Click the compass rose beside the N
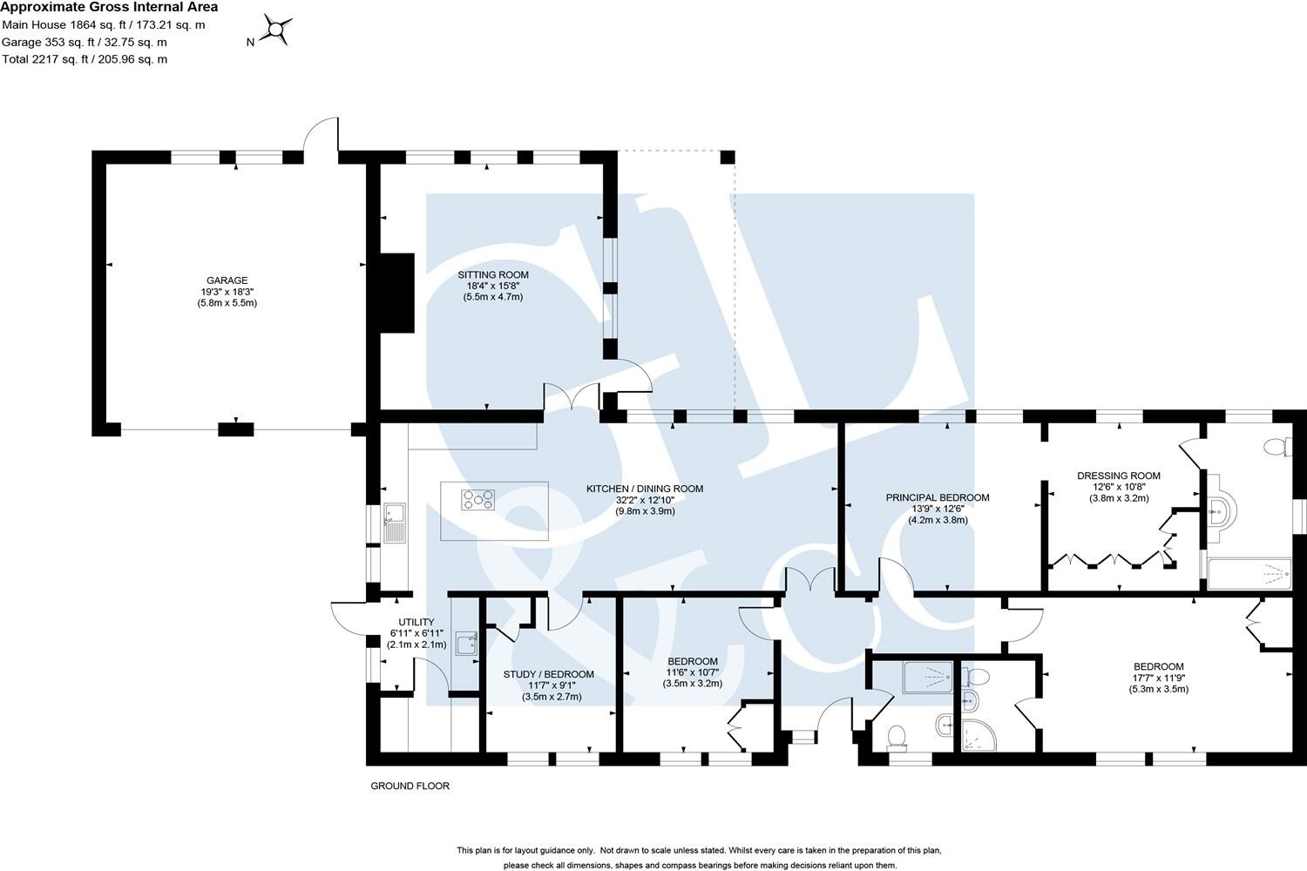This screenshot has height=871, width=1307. [x=276, y=31]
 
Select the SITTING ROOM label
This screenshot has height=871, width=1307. [x=493, y=274]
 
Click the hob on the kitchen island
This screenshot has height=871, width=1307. [x=477, y=500]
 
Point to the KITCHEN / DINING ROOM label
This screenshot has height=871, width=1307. [x=644, y=489]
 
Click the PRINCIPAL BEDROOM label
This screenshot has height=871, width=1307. [x=938, y=497]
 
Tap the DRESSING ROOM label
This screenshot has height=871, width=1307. [x=1119, y=476]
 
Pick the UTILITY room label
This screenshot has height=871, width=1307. [x=416, y=622]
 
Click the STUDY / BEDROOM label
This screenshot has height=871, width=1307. [x=549, y=674]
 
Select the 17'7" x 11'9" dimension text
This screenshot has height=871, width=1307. [x=1158, y=678]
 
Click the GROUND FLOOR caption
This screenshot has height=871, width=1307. [x=410, y=786]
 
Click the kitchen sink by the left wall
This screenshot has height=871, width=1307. [x=394, y=523]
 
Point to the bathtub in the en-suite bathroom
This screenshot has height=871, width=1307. [x=1249, y=573]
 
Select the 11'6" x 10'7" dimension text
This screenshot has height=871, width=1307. [x=693, y=672]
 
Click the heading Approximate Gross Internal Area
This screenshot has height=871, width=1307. [x=109, y=7]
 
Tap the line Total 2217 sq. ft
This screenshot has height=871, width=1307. [x=85, y=59]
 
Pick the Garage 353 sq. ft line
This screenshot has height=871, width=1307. [x=84, y=42]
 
